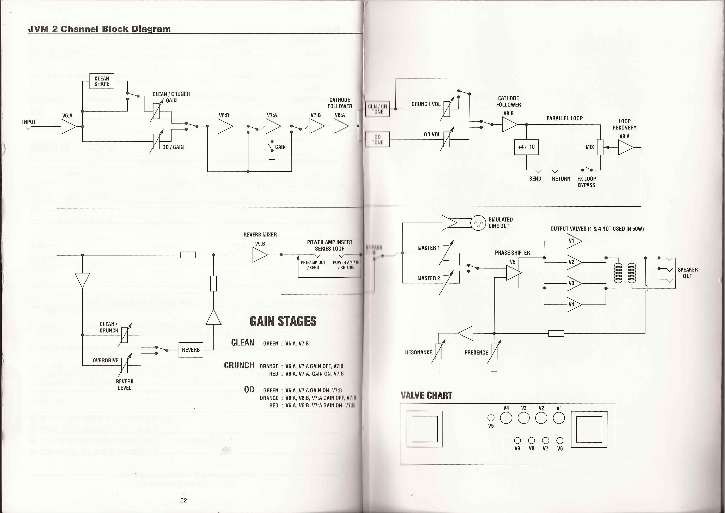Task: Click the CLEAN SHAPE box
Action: tap(102, 81)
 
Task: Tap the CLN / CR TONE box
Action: tap(377, 109)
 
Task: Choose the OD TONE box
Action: tap(377, 139)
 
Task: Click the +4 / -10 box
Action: tap(526, 147)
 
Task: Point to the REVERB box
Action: tap(191, 350)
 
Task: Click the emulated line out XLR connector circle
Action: tap(478, 223)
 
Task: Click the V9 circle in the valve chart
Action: tap(517, 440)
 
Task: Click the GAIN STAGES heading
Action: tap(283, 321)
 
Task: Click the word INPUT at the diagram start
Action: tap(29, 122)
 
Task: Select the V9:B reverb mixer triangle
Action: tap(260, 255)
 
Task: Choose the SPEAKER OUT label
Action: tap(687, 273)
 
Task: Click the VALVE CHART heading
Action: tap(426, 396)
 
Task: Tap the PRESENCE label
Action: tap(476, 352)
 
